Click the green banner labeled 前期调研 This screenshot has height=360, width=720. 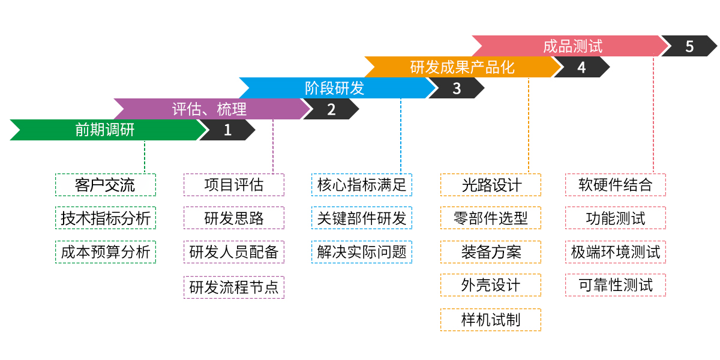coord(105,130)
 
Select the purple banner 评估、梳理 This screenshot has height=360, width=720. coord(209,109)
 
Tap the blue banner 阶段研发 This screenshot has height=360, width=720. coord(334,88)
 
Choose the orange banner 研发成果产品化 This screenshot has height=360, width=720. coord(462,67)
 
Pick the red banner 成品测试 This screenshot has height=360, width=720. coord(572,46)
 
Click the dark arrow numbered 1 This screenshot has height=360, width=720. coord(227,130)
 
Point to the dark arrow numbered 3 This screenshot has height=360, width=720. coord(457,88)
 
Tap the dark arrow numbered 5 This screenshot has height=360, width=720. coord(689,46)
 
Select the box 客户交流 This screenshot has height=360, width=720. coord(105,185)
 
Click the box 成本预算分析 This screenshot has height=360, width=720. coord(105,252)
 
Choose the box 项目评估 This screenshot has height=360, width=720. coord(233,185)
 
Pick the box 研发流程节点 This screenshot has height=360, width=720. coord(233,287)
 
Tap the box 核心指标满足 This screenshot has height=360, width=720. coord(362,185)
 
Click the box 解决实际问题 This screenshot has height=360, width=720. coord(362,252)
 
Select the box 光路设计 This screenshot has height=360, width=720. coord(490,185)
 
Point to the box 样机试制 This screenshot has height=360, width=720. coord(490,320)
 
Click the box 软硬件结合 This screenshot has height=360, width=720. coord(615,185)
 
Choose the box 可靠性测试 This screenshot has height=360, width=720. coord(615,285)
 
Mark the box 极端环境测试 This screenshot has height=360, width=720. coord(615,252)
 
